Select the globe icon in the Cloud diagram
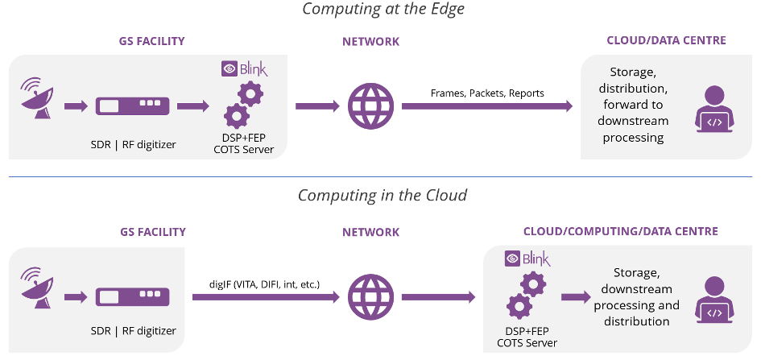(370, 297)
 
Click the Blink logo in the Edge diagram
(244, 69)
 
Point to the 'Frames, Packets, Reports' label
(487, 93)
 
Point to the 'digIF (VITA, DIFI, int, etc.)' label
(264, 284)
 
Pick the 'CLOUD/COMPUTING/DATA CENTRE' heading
(621, 232)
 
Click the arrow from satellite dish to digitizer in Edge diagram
(75, 106)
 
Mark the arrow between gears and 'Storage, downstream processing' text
(575, 297)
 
